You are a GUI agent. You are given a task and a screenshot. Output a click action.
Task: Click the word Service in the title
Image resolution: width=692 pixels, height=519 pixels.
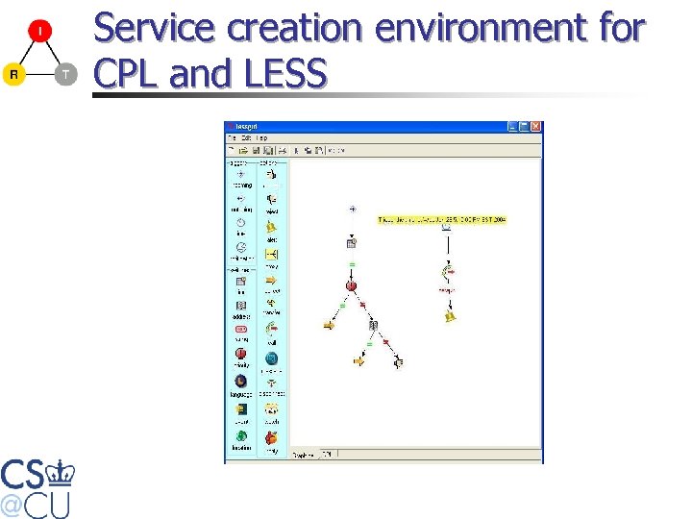tap(155, 29)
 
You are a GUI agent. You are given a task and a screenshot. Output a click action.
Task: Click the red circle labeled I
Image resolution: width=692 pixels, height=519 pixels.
tap(39, 32)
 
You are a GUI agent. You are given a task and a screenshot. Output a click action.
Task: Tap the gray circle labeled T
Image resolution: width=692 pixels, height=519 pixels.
tap(64, 74)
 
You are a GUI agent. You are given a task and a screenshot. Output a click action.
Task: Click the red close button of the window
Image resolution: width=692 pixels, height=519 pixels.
tap(536, 127)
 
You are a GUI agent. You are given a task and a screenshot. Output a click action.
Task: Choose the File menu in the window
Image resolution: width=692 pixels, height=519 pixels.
tap(232, 138)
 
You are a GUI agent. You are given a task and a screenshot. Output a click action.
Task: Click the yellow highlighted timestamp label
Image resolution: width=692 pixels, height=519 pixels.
tap(441, 220)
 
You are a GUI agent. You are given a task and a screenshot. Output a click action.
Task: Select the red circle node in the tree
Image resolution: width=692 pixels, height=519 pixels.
tap(351, 285)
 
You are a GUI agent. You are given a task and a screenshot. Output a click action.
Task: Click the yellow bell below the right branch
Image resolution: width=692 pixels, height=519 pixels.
tap(449, 314)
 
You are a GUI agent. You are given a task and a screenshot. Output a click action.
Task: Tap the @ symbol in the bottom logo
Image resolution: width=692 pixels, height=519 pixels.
tap(12, 503)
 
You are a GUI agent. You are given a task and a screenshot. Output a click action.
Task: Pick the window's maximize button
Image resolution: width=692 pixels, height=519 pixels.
tap(524, 127)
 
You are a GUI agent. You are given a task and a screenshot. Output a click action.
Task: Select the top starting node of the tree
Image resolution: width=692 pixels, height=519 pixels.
tap(352, 209)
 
